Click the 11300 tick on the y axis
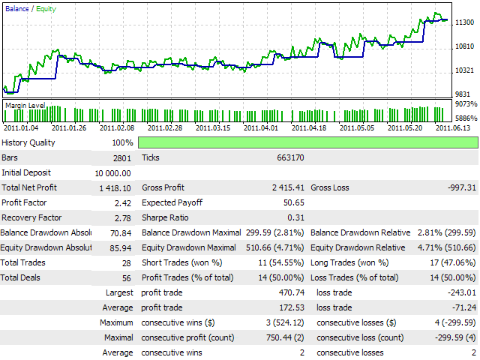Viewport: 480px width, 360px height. coord(464,23)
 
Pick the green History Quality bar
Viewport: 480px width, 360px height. coord(307,142)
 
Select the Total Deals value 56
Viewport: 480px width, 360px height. coord(125,278)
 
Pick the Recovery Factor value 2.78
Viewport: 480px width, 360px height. coord(123,218)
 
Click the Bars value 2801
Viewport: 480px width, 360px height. coord(120,158)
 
